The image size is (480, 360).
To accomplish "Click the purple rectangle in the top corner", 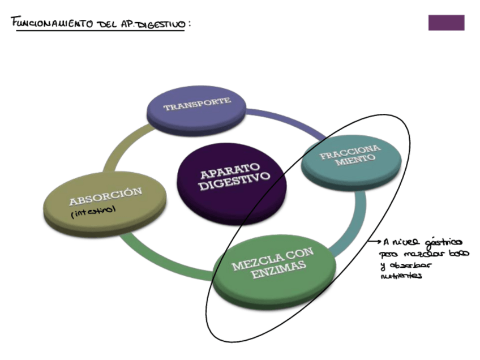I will pos(446,23).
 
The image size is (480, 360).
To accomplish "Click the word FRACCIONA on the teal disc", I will pos(350,152).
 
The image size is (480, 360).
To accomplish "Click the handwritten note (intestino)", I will pos(93,213).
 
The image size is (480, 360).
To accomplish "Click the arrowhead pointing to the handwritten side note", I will pos(378,242).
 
